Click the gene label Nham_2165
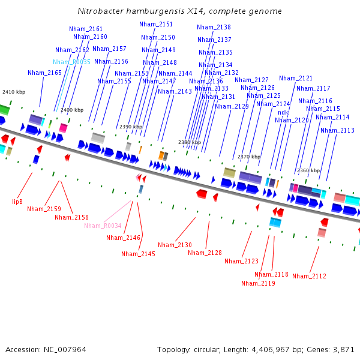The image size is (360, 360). [44, 73]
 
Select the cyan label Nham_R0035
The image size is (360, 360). [71, 62]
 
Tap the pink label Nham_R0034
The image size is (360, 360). [103, 226]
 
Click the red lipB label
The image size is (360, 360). [17, 202]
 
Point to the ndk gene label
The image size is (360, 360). [283, 112]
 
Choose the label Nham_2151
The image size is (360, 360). [156, 24]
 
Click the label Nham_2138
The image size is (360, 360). [214, 27]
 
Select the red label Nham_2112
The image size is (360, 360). [309, 276]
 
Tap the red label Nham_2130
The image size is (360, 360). [175, 245]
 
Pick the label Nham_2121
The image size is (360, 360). [296, 78]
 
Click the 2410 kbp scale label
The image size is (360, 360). [14, 92]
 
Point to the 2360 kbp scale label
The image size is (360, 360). [308, 170]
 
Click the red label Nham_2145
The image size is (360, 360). [138, 254]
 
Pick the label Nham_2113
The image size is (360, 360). [337, 130]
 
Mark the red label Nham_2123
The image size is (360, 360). [241, 261]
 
